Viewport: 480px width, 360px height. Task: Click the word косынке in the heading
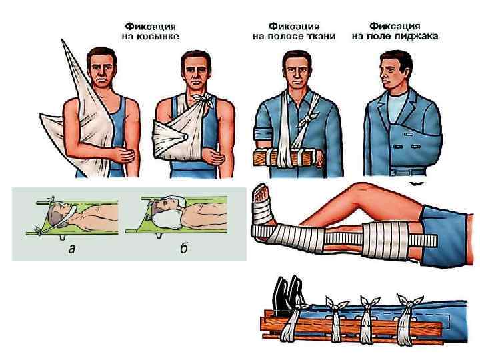pyautogui.click(x=157, y=37)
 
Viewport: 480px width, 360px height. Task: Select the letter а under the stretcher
pyautogui.click(x=71, y=249)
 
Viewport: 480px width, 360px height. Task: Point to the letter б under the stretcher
pyautogui.click(x=184, y=249)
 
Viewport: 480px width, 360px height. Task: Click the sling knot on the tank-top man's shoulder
pyautogui.click(x=203, y=99)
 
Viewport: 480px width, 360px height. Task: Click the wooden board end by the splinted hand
pyautogui.click(x=259, y=157)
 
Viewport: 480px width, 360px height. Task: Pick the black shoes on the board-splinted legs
pyautogui.click(x=288, y=294)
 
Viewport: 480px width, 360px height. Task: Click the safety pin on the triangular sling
pyautogui.click(x=184, y=137)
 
